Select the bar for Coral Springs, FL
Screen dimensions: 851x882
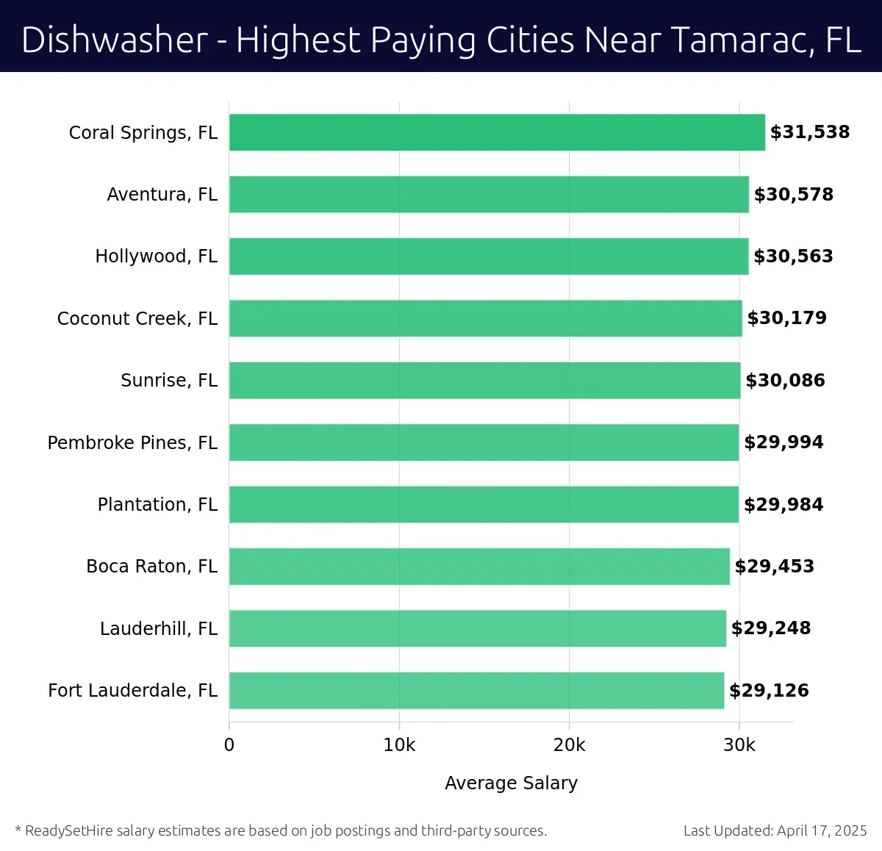[x=497, y=132]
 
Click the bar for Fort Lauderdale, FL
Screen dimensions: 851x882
[x=476, y=690]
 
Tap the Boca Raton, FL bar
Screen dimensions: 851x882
[x=479, y=567]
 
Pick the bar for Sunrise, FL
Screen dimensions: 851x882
[x=484, y=381]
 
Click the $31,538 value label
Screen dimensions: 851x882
[x=809, y=132]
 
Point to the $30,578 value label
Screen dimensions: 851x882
[x=793, y=195]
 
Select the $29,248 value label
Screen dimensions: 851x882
[x=770, y=628]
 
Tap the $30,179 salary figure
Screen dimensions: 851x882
[x=786, y=318]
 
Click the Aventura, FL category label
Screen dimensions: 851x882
[x=162, y=195]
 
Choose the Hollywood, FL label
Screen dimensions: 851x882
[x=156, y=256]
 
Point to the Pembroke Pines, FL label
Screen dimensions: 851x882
[x=132, y=442]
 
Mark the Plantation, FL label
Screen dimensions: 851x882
[x=157, y=505]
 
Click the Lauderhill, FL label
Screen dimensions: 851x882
[x=159, y=629]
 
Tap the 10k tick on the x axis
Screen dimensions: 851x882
[x=399, y=745]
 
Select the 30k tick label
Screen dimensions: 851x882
[x=739, y=745]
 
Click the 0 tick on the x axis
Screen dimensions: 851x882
[x=229, y=745]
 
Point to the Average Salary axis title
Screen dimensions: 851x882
[x=511, y=783]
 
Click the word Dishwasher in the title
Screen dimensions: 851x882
[x=115, y=40]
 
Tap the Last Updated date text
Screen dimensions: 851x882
[x=775, y=831]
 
